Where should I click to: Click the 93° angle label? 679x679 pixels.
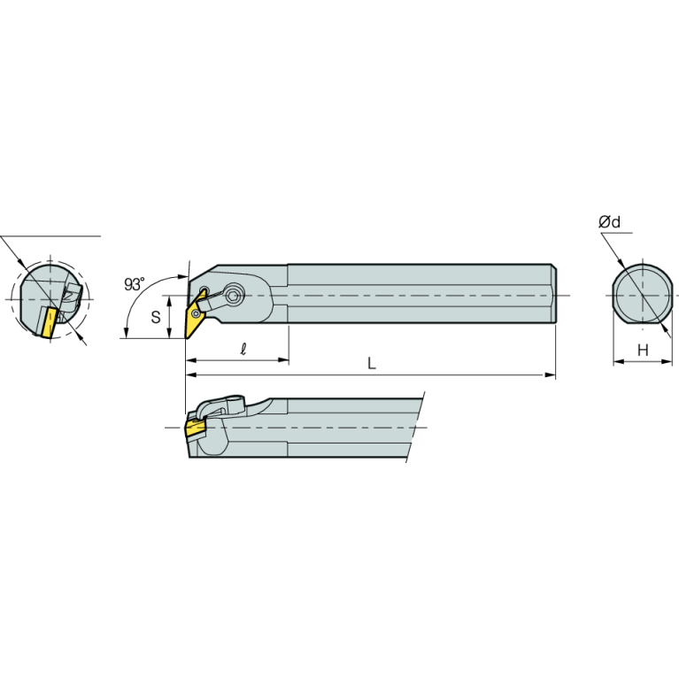point(134,284)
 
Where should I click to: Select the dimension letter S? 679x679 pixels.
point(156,317)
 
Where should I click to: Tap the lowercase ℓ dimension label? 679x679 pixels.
point(243,349)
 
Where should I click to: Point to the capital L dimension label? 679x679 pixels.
point(372,363)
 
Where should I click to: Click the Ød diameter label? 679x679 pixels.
point(609,221)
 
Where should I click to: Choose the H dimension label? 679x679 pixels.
point(643,350)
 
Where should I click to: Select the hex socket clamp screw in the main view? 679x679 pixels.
point(235,297)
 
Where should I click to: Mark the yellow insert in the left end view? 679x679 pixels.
point(49,322)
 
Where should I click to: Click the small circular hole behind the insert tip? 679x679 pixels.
point(204,289)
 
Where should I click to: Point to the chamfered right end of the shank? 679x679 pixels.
point(553,294)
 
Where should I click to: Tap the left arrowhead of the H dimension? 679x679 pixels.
point(619,361)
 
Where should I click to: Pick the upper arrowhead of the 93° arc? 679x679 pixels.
point(183,276)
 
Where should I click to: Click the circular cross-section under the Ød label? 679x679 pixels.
point(643,295)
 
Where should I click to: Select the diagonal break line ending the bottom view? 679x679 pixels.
point(415,427)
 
